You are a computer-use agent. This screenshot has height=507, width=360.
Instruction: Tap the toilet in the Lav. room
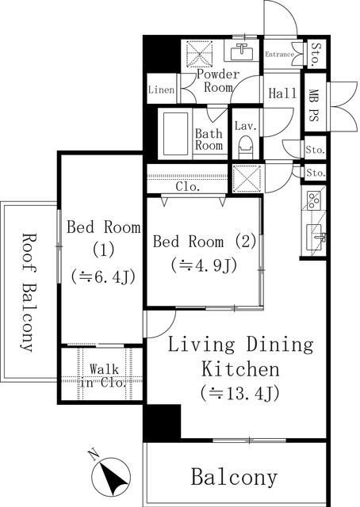click(245, 147)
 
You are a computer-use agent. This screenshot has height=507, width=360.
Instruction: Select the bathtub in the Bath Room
click(175, 134)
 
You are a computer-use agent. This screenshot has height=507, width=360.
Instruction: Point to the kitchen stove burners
click(314, 200)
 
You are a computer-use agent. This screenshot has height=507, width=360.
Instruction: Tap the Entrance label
click(280, 55)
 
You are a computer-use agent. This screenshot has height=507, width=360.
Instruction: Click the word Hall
click(282, 93)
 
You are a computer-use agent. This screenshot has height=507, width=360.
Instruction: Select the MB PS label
click(312, 105)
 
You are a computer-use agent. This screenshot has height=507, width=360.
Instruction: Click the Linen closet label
click(162, 90)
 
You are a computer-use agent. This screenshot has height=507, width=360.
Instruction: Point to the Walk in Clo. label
click(104, 376)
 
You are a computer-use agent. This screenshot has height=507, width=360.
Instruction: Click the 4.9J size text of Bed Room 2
click(205, 265)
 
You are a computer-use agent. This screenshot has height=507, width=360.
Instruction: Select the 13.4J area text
click(240, 393)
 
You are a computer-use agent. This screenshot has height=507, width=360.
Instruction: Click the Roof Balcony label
click(28, 292)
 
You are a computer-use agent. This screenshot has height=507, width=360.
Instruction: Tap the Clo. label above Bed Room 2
click(188, 187)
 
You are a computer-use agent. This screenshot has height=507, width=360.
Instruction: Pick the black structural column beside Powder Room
click(162, 54)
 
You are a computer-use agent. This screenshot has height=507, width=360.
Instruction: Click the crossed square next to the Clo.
click(247, 178)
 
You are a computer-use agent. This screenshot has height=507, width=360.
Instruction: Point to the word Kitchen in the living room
click(240, 369)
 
